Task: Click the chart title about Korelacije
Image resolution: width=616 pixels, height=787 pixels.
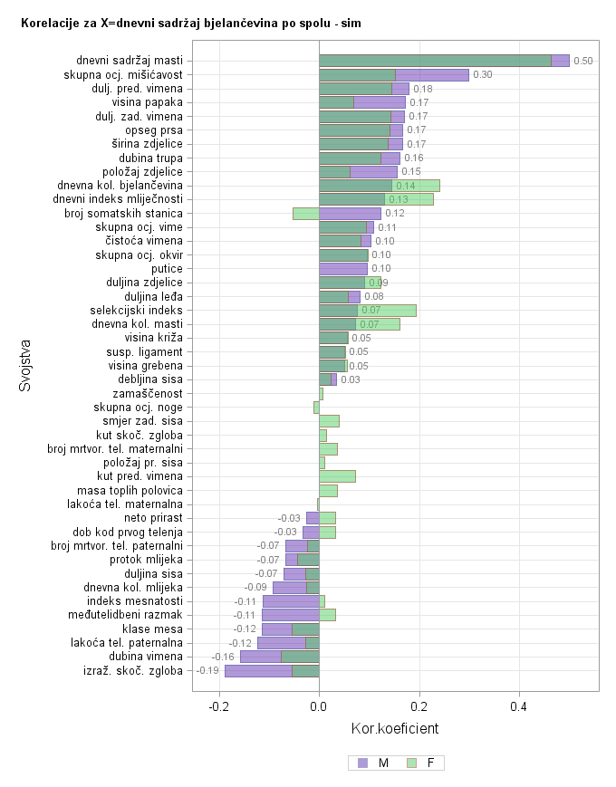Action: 190,22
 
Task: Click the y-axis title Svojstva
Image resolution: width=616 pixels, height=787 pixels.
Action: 25,365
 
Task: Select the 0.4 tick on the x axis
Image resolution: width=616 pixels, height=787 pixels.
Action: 519,705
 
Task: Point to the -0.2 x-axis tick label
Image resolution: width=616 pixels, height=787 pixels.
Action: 218,705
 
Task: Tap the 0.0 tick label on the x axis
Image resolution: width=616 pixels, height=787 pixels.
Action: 319,705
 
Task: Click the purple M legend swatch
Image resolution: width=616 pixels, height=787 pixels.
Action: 363,763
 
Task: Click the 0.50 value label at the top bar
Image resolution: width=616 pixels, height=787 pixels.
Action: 583,61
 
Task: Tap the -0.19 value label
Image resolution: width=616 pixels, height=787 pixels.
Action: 208,671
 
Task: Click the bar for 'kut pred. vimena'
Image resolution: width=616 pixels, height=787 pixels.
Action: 337,476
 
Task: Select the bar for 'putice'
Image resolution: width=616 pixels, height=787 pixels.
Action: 342,268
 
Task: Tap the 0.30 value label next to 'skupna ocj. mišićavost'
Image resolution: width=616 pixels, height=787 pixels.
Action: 483,74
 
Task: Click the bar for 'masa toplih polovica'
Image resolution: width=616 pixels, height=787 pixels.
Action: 328,490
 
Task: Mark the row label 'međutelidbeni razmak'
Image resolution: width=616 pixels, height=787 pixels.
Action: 127,615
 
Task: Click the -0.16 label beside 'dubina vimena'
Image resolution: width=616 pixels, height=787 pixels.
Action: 223,657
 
